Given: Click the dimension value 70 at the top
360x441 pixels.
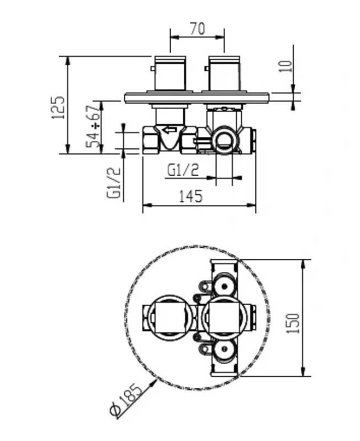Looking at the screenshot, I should [x=197, y=28].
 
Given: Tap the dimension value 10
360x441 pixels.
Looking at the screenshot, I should [x=285, y=67].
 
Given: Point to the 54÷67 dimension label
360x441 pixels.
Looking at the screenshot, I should [x=94, y=126].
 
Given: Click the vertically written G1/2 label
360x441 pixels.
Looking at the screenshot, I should [x=114, y=183].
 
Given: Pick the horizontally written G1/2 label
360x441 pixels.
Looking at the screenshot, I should [x=182, y=171].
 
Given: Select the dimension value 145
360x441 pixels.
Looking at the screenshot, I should [x=191, y=196].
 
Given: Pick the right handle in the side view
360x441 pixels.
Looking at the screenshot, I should [x=224, y=73].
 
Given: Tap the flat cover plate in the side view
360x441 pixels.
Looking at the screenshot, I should [x=197, y=98].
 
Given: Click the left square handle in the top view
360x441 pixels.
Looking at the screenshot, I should [x=170, y=318].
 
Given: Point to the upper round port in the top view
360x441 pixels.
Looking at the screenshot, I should [x=224, y=286].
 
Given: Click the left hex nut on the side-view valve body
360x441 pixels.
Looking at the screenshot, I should [x=151, y=140].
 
